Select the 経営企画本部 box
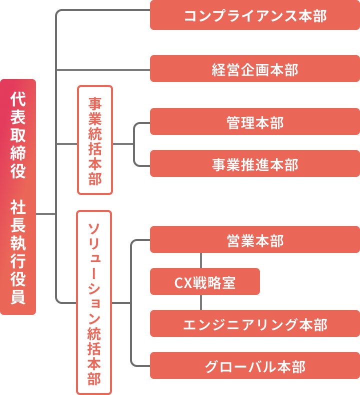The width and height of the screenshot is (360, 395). pyautogui.click(x=255, y=69)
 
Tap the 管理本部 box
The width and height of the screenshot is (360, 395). pyautogui.click(x=255, y=122)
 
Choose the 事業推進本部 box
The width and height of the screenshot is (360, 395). pyautogui.click(x=255, y=164)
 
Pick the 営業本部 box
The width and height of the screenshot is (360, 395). pyautogui.click(x=255, y=240)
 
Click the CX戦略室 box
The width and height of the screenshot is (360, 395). pyautogui.click(x=205, y=282)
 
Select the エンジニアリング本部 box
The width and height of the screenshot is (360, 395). pyautogui.click(x=255, y=324)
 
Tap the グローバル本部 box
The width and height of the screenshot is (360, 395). pyautogui.click(x=255, y=366)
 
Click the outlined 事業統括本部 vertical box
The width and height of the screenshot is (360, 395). pyautogui.click(x=95, y=140)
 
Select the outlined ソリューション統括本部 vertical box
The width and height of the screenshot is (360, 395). pyautogui.click(x=94, y=302)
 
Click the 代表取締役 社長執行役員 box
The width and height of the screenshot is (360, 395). pyautogui.click(x=18, y=197)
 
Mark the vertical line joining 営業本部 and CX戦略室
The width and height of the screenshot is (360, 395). pyautogui.click(x=201, y=260)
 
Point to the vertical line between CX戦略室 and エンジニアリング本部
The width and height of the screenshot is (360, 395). pyautogui.click(x=201, y=302)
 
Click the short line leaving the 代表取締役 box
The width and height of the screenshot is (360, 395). pyautogui.click(x=45, y=214)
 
